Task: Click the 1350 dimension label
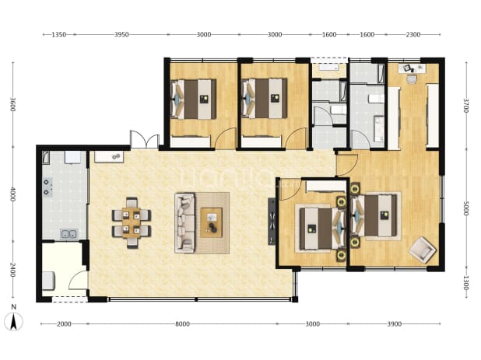(x=58, y=35)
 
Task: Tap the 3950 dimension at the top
(x=121, y=35)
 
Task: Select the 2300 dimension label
(x=413, y=35)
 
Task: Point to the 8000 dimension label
(x=182, y=324)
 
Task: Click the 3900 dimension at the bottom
(x=394, y=324)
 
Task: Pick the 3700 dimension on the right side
(x=465, y=106)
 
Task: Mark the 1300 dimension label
(x=465, y=283)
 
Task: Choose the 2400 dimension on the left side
(x=12, y=270)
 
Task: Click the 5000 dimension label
(x=465, y=208)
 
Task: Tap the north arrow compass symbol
(x=13, y=322)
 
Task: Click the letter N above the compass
(x=13, y=306)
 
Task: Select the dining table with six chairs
(x=132, y=222)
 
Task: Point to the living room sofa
(x=184, y=223)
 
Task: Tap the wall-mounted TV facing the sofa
(x=272, y=221)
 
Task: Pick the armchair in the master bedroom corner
(x=423, y=250)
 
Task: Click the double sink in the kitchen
(x=68, y=234)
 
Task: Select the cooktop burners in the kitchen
(x=47, y=187)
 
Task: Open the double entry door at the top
(x=145, y=140)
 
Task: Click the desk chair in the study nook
(x=412, y=79)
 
